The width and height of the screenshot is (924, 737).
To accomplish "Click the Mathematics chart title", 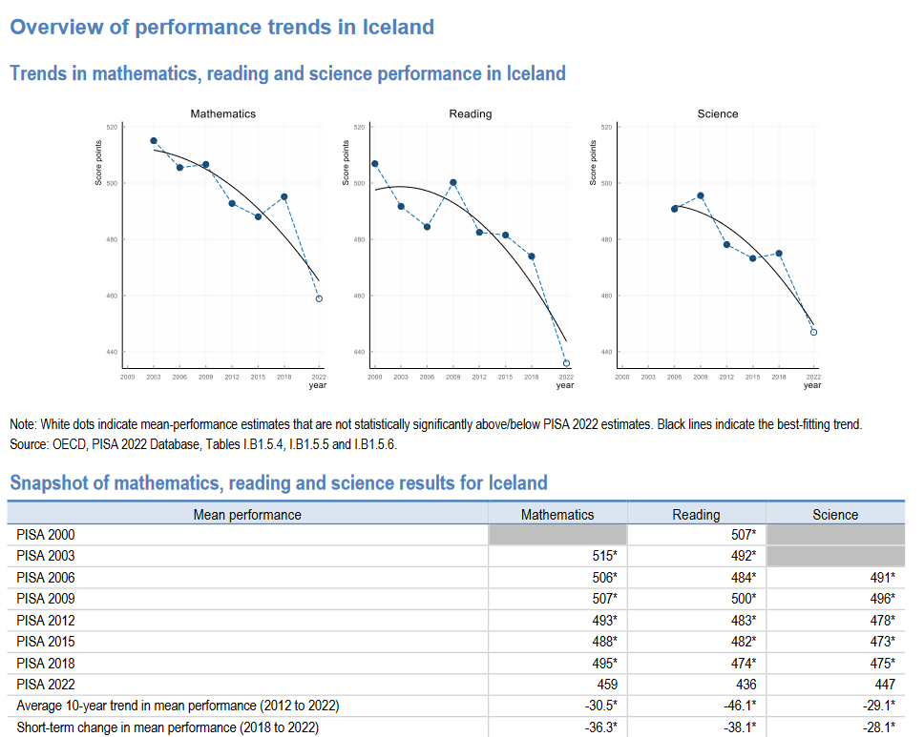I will [223, 113].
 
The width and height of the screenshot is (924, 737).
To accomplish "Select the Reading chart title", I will [471, 113].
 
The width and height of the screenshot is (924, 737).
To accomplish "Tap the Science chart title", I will [718, 113].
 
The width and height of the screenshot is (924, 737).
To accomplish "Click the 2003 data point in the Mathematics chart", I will [154, 141].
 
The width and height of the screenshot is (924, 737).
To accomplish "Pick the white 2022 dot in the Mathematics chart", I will [319, 298].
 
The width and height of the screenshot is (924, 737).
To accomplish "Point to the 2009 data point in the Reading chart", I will [452, 182].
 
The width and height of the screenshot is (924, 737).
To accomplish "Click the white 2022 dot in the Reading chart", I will [566, 363].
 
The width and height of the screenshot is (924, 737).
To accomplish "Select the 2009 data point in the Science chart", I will [701, 195].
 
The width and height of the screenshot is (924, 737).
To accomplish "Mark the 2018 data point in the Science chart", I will [779, 254].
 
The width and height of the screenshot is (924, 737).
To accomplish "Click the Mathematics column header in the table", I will [557, 515].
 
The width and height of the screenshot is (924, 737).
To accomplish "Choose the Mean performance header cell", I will [247, 515].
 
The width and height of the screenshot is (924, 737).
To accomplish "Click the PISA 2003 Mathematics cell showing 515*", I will [603, 556].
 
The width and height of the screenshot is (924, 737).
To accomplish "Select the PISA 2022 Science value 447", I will [884, 685].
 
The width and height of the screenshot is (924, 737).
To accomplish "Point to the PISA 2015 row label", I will [46, 642].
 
